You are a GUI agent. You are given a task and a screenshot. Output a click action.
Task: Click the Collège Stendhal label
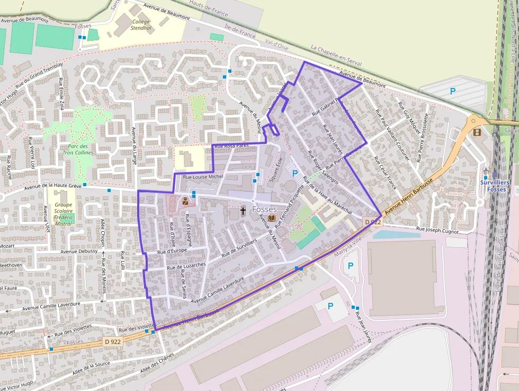[140, 25]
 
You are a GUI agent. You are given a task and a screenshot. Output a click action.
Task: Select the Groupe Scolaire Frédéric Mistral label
[64, 213]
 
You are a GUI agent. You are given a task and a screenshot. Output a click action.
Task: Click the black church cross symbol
[243, 211]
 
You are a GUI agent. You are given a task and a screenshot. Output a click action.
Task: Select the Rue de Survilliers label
[239, 248]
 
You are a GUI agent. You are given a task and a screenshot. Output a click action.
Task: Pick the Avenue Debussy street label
[79, 251]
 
